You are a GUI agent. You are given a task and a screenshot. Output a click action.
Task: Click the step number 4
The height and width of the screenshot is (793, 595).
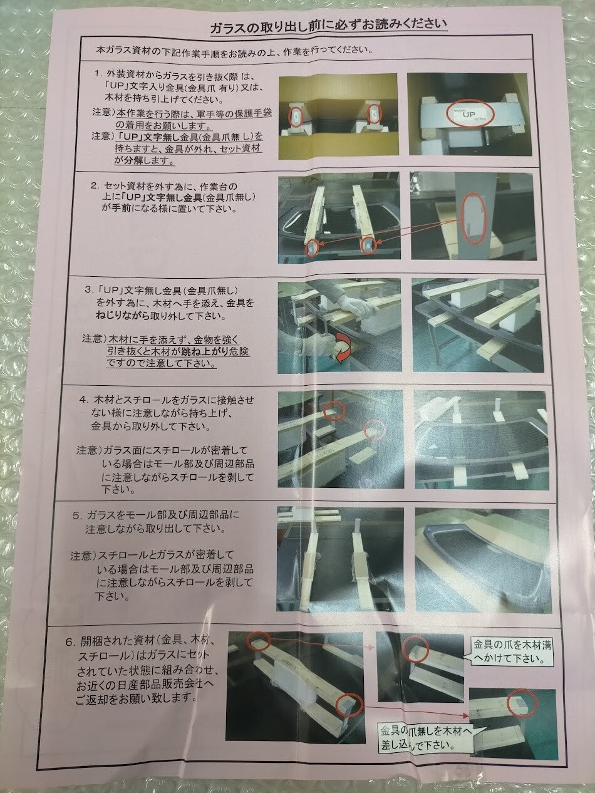pos(84,399)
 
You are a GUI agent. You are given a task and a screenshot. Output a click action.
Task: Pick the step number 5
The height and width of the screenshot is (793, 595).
pos(77,516)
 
